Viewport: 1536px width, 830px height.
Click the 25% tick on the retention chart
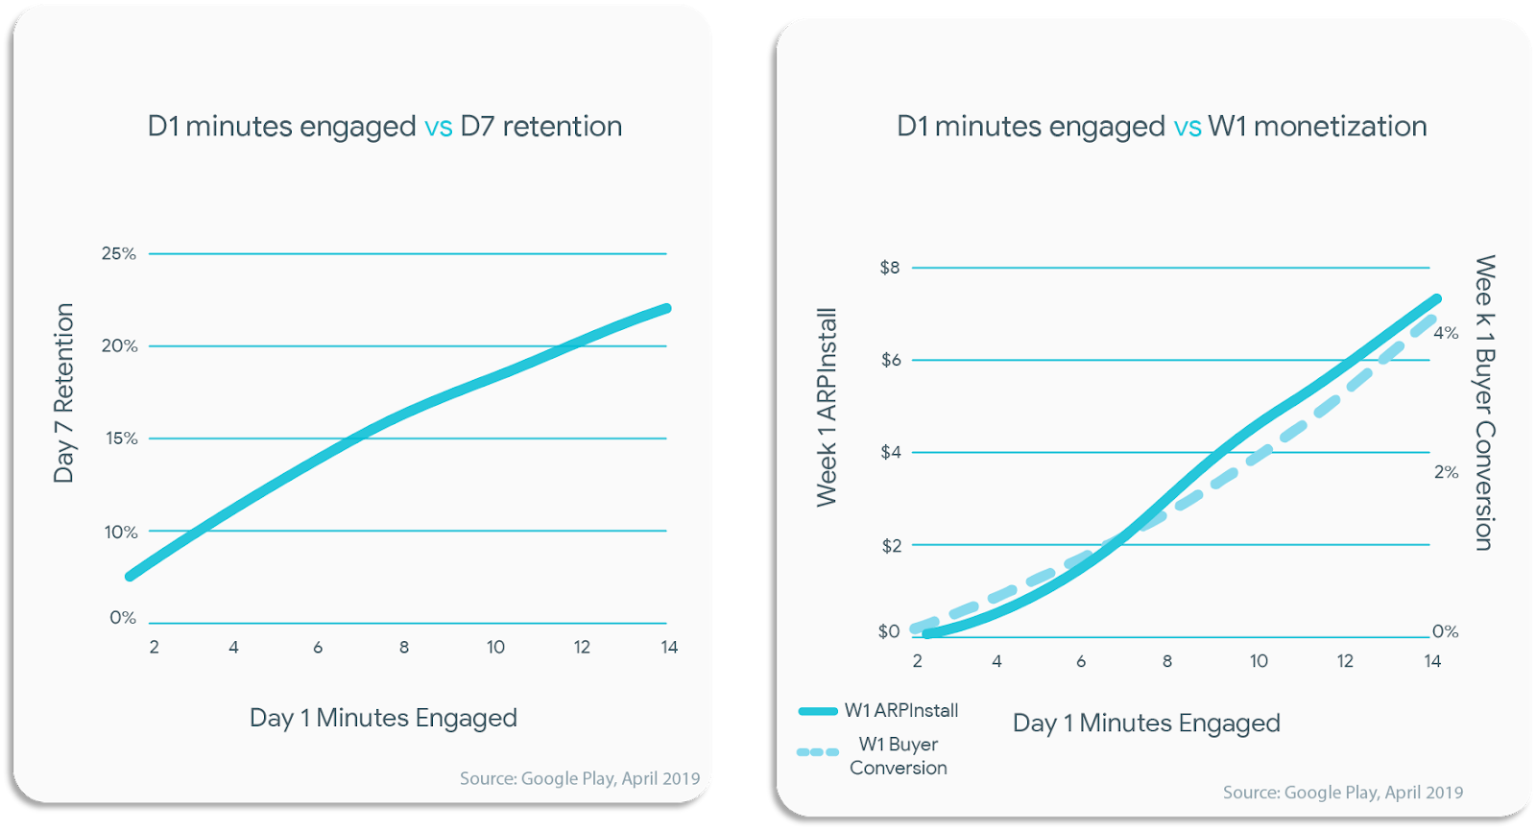(118, 253)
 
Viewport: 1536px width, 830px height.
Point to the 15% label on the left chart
(121, 439)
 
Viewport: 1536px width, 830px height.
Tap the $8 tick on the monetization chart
(890, 268)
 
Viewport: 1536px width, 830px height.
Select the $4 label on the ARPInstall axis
(891, 452)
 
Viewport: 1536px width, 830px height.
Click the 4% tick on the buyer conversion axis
(1446, 333)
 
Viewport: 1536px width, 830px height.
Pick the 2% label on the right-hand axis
(1446, 472)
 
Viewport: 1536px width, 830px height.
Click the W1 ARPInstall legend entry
(878, 711)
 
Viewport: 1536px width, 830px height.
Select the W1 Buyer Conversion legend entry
(873, 755)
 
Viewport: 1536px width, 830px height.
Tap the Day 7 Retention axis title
(63, 392)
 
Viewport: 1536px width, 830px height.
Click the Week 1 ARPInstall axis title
(827, 407)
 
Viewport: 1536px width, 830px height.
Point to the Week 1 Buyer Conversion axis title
(1484, 403)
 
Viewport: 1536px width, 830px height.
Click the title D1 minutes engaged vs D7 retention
(384, 127)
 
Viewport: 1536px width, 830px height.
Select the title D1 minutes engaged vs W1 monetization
(1162, 127)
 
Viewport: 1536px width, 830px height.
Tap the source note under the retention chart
(580, 778)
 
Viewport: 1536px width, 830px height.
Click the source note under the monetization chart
(1342, 793)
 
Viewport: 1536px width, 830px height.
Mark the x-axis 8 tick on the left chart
(404, 648)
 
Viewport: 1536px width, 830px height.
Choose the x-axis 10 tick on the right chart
(1259, 661)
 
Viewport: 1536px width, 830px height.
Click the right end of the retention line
(666, 309)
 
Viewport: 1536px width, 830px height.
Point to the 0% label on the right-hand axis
(1445, 631)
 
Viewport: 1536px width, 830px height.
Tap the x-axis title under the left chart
(383, 718)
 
